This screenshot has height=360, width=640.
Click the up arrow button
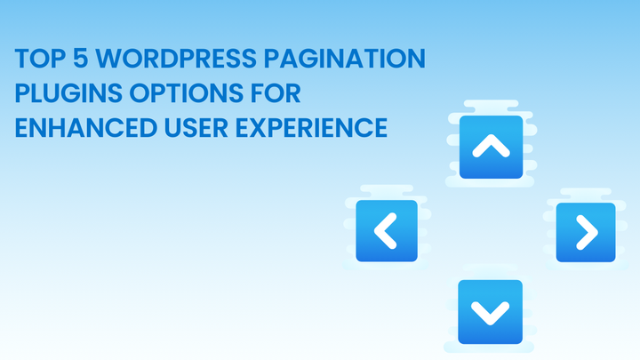click(x=490, y=146)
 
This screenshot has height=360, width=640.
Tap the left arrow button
click(x=387, y=230)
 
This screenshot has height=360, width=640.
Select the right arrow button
click(x=586, y=232)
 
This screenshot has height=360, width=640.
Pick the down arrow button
click(x=490, y=312)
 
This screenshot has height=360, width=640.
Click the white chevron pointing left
click(x=385, y=230)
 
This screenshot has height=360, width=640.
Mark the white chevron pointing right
click(x=587, y=232)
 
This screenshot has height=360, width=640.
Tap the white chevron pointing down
click(x=490, y=313)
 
